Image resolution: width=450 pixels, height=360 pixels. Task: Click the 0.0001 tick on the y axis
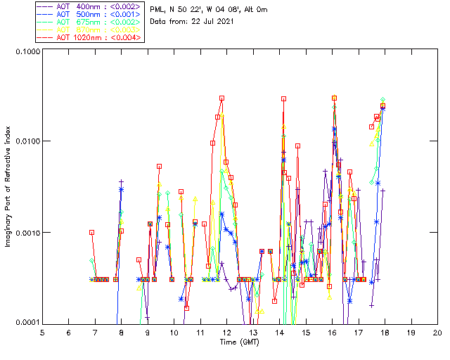pos(26,323)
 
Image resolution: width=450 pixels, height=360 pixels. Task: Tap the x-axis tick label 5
pos(42,333)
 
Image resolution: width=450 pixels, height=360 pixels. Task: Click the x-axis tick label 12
pos(226,333)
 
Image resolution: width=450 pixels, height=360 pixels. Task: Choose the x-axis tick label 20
pos(437,333)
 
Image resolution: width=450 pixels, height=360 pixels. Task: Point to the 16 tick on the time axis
pos(332,333)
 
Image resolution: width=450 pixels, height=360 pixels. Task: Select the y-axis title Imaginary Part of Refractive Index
pos(8,187)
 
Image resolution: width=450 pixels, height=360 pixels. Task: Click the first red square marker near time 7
pos(91,232)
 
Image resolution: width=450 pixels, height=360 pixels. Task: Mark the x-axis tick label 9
pos(148,333)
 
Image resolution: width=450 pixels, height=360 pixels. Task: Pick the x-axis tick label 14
pos(279,333)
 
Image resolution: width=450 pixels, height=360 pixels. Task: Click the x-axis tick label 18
pos(385,333)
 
